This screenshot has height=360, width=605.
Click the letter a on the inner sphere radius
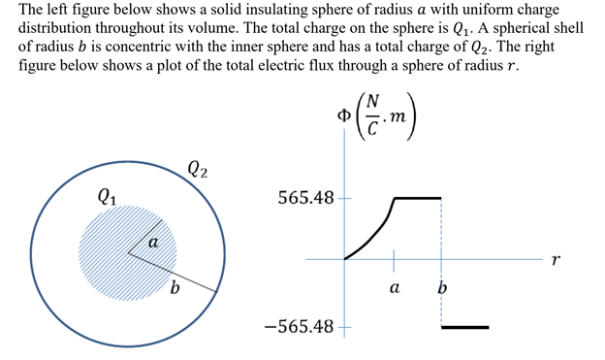[153, 244]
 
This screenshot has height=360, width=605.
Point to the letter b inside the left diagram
[175, 288]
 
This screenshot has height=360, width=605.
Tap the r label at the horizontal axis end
[554, 260]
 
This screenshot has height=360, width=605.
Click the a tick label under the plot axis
[394, 288]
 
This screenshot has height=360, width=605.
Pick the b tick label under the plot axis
[442, 288]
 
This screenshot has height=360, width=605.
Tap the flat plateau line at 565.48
[418, 198]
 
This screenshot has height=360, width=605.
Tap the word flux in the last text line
[326, 65]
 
